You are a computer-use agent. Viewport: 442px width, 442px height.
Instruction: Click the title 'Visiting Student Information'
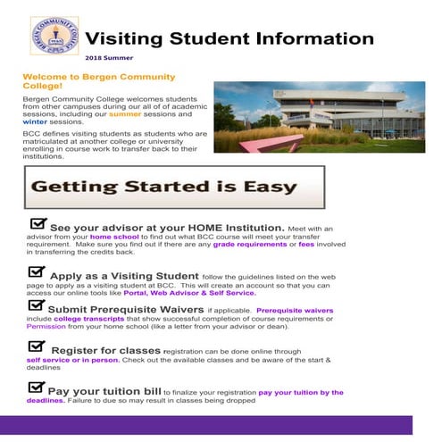(x=235, y=38)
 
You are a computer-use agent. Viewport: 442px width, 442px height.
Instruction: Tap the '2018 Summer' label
(x=137, y=59)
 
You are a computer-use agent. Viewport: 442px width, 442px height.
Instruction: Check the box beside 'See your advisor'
(x=38, y=224)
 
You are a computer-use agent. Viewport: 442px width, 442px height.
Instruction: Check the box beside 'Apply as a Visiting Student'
(x=37, y=272)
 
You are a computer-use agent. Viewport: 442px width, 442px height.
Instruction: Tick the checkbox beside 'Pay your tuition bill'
(x=36, y=388)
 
